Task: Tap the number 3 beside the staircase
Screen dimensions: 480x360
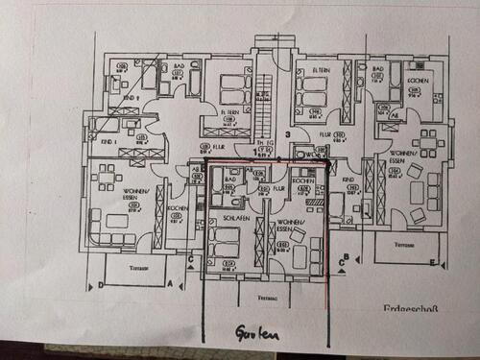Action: click(x=287, y=134)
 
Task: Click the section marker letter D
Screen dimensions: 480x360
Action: click(x=99, y=284)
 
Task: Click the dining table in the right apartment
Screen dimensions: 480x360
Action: click(x=429, y=140)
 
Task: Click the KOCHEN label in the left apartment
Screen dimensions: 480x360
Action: click(x=177, y=208)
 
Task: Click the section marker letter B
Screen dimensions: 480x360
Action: click(x=345, y=256)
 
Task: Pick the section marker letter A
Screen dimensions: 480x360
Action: click(x=170, y=284)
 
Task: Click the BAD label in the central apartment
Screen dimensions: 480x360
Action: click(x=230, y=179)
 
